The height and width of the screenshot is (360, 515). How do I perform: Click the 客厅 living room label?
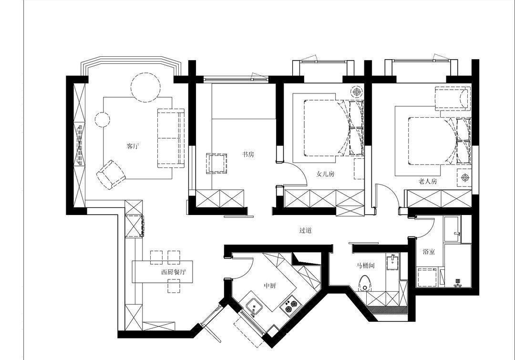click(x=133, y=146)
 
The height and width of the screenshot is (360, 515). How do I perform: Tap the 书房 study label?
click(x=248, y=154)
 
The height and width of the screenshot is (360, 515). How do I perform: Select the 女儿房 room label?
click(x=325, y=174)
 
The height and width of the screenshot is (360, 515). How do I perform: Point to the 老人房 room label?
click(x=428, y=181)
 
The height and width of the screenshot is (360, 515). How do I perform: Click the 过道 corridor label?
click(x=305, y=230)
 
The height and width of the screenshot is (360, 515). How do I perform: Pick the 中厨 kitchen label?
click(x=270, y=286)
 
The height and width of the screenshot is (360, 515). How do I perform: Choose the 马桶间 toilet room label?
click(x=366, y=266)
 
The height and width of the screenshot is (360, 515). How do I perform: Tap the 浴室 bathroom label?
click(x=429, y=252)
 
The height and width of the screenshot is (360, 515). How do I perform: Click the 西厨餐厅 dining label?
click(x=174, y=272)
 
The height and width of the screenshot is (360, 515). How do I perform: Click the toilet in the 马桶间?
click(x=364, y=283)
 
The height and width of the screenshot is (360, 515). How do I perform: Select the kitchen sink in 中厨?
click(x=254, y=307)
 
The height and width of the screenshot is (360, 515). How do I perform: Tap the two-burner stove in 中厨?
click(x=289, y=306)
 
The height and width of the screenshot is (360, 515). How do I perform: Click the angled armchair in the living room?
click(x=111, y=175)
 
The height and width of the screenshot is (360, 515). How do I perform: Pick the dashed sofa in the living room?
click(x=171, y=138)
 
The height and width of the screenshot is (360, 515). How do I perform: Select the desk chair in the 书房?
click(x=216, y=163)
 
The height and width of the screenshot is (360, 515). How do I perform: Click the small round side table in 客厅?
click(x=103, y=120)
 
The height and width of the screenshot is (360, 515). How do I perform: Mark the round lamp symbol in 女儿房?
click(x=356, y=92)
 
